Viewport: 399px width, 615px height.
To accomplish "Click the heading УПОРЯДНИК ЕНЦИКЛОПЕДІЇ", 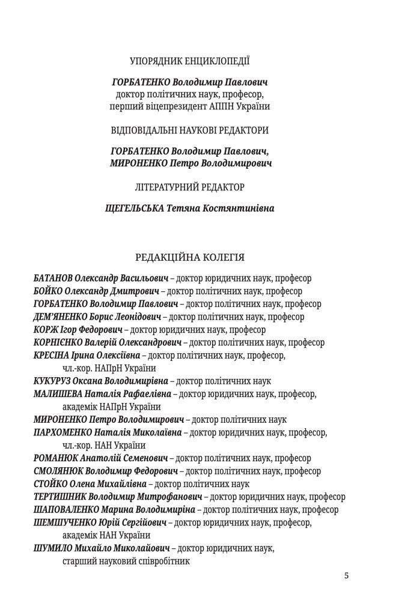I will (x=190, y=61).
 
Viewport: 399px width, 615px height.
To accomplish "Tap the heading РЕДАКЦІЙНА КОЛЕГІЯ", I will (x=190, y=258).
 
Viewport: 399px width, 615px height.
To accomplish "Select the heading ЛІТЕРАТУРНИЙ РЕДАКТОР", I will (x=190, y=187).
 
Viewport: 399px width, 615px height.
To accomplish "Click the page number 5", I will (x=346, y=575).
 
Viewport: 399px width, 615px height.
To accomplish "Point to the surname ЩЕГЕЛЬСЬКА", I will (x=132, y=209).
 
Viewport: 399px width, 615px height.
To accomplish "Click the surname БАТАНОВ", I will (x=53, y=279).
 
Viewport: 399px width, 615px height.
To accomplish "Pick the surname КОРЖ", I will (x=44, y=330).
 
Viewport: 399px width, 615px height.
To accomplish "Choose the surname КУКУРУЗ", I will (x=53, y=381).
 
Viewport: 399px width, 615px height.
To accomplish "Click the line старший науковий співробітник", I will (x=126, y=562).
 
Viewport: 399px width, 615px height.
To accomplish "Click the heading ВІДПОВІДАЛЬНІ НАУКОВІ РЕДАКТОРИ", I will (x=190, y=130).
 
